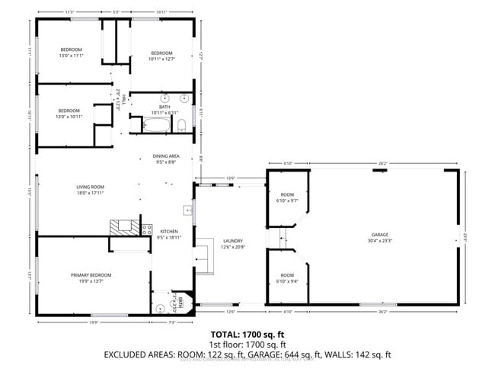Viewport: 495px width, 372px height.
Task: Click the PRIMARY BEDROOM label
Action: pos(91,274)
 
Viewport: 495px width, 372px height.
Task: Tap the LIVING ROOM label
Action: pos(90,187)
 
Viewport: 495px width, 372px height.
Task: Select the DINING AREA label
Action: pos(166,156)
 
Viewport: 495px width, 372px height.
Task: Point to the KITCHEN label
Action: pos(168,231)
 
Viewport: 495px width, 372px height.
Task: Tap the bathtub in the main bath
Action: pos(159,123)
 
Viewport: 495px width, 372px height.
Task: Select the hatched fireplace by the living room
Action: pos(125,226)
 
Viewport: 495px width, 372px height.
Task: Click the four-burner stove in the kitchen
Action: pos(147,229)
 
